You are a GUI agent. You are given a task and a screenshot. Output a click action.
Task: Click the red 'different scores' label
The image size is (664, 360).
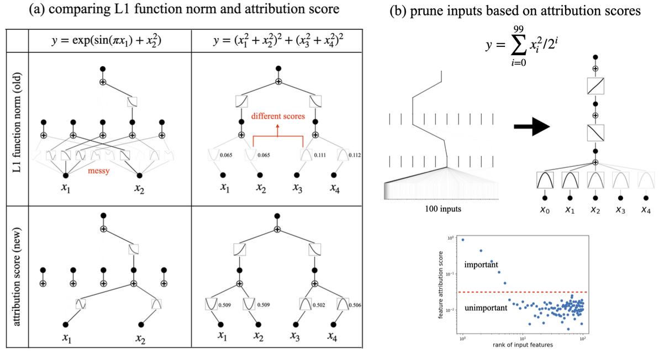coord(277,117)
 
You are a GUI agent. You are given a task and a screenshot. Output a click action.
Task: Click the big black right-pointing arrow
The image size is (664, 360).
coord(531,126)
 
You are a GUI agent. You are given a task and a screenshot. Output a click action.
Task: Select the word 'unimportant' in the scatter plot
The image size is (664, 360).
coord(487,308)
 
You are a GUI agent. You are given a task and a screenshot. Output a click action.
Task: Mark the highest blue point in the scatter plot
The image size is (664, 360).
coord(463,240)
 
